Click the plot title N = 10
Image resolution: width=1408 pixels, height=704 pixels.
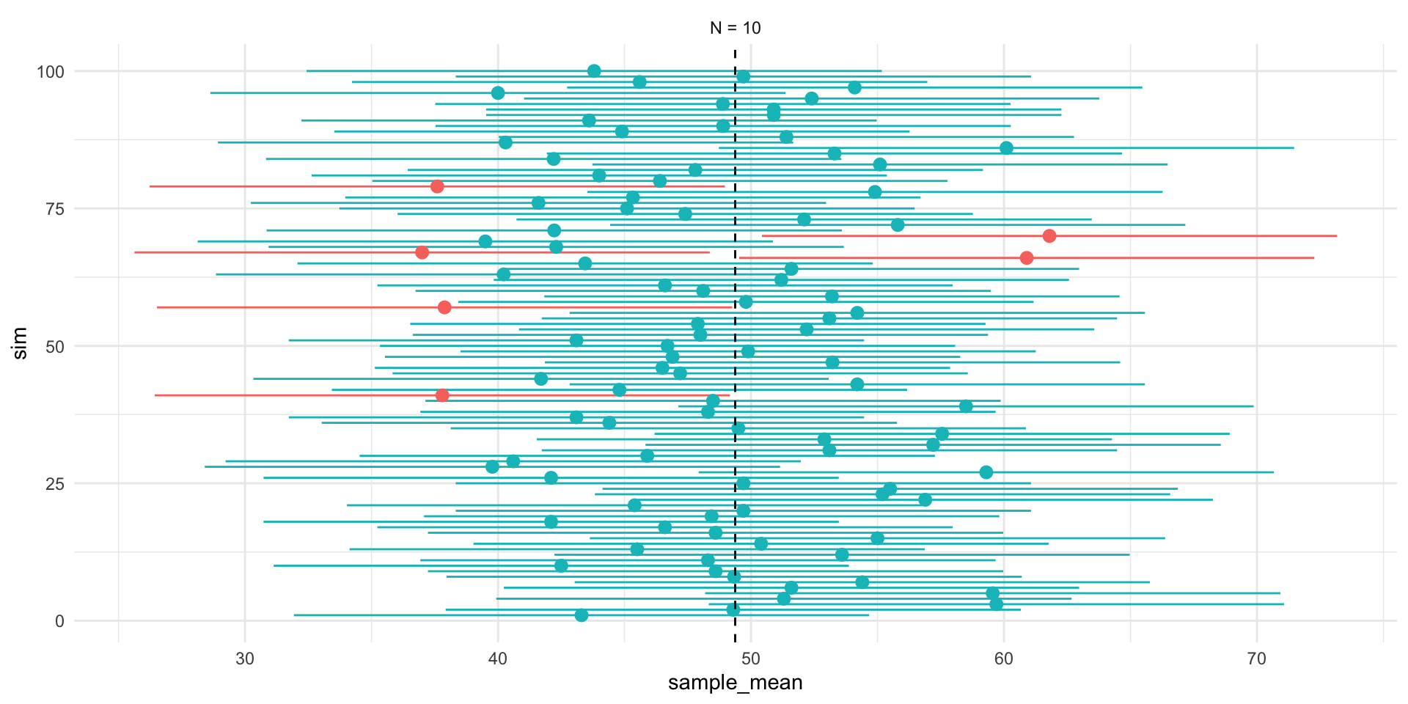(735, 28)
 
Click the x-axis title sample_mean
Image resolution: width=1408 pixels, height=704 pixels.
(735, 683)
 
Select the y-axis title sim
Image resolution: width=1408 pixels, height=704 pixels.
(21, 343)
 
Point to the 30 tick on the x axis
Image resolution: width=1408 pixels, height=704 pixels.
(245, 658)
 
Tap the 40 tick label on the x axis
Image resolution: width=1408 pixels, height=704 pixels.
(498, 658)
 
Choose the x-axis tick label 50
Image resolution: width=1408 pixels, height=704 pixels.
(751, 658)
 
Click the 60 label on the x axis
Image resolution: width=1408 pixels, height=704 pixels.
(1003, 658)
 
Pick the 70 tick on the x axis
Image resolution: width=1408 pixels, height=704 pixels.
(1256, 658)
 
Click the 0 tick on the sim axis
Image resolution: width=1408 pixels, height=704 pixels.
(59, 621)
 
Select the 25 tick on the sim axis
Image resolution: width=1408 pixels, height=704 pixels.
(55, 484)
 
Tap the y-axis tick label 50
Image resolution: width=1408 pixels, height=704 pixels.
(55, 346)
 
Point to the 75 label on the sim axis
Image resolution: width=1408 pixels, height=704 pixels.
(55, 209)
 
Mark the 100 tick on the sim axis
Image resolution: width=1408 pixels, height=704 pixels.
(51, 72)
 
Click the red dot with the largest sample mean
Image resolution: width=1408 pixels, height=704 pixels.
(1049, 236)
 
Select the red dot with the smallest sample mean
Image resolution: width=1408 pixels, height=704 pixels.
(422, 252)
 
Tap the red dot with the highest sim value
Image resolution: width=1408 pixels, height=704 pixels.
(437, 186)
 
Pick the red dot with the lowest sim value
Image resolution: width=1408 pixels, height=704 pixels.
(442, 395)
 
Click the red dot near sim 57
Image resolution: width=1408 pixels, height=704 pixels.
(444, 307)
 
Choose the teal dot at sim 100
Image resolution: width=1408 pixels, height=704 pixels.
(594, 71)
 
